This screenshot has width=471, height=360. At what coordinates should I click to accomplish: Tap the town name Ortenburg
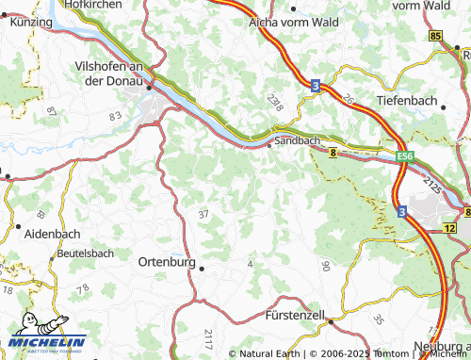[165, 262]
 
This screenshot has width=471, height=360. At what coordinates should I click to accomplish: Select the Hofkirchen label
[92, 5]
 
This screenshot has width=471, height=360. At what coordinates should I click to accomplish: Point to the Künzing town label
[31, 21]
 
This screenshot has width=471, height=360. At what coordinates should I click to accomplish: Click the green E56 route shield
[405, 155]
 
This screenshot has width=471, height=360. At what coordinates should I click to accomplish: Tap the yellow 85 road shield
[434, 36]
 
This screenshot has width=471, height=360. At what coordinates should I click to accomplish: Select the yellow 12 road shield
[451, 228]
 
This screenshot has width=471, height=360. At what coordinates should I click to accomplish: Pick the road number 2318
[274, 104]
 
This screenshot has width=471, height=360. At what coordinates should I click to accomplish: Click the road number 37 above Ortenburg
[203, 215]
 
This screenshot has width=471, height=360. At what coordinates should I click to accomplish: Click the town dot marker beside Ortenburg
[202, 267]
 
